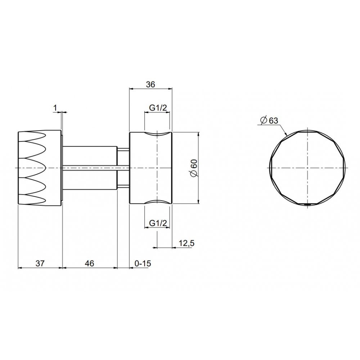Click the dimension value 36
tap(150, 85)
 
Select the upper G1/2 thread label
tap(158, 107)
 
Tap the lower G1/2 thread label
tap(158, 223)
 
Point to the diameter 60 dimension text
tap(194, 168)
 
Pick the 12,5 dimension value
tap(186, 243)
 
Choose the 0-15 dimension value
tap(143, 264)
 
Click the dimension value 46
tap(90, 264)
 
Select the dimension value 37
tap(40, 264)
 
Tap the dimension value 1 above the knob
tap(55, 108)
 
